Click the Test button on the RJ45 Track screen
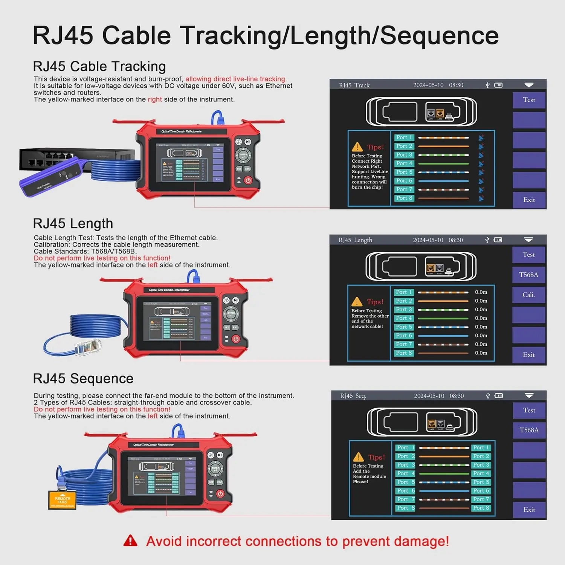pos(529,100)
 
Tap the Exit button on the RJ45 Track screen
pos(529,200)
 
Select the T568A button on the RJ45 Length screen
pos(528,275)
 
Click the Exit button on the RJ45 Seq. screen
pos(529,510)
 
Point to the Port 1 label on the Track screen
pos(404,137)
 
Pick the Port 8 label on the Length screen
pos(403,353)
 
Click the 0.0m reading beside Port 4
pos(481,318)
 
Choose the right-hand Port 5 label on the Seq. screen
pos(481,482)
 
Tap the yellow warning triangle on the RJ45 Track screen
pos(357,147)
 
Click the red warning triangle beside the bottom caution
pos(130,541)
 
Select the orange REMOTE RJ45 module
pos(63,500)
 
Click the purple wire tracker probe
pos(51,177)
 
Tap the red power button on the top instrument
pos(248,180)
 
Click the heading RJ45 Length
pos(73,223)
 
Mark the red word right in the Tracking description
pos(154,99)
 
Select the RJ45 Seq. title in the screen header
pos(353,396)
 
